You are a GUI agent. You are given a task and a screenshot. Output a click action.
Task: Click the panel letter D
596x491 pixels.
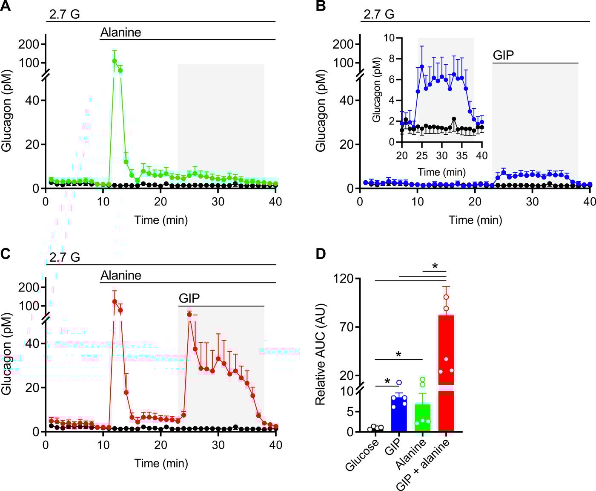[320, 254]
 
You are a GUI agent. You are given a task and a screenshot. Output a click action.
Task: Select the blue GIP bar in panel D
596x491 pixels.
[399, 413]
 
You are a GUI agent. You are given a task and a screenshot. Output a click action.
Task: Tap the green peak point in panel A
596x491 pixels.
[115, 61]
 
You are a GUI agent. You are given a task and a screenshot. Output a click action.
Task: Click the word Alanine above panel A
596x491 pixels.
[120, 32]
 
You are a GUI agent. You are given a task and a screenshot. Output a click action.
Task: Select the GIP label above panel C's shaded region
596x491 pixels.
[189, 298]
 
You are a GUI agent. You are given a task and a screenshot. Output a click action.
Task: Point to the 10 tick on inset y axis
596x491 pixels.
[389, 38]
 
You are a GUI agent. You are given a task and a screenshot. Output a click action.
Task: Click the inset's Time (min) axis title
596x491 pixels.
[441, 172]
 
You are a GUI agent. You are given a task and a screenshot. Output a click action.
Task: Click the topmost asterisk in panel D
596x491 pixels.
[435, 266]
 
